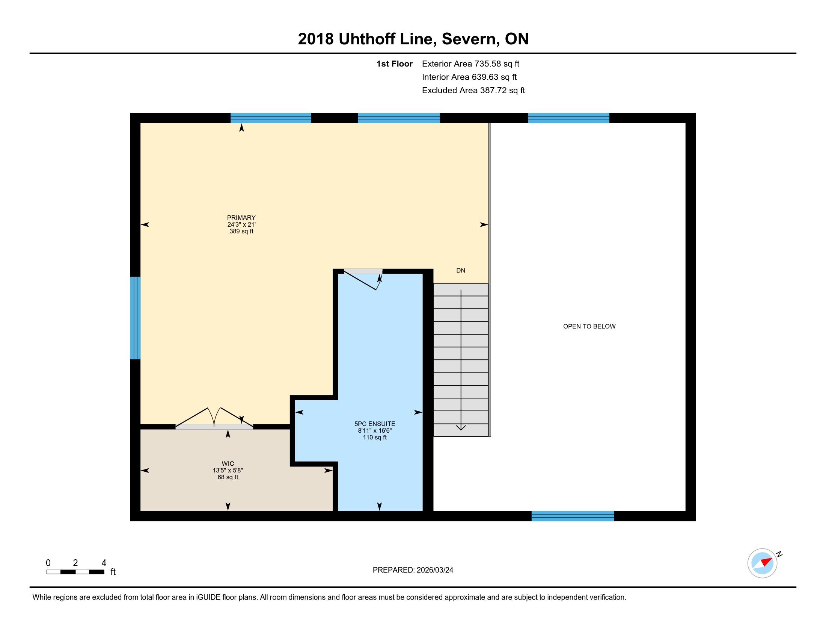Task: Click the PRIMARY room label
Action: (241, 218)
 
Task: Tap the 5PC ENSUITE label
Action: (375, 424)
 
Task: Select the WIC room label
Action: (228, 464)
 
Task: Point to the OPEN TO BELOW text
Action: (589, 326)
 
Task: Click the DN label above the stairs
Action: (461, 270)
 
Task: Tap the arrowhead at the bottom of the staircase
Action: (461, 428)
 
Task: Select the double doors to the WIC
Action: (214, 418)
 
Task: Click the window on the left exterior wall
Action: (136, 318)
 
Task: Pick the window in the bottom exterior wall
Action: (573, 516)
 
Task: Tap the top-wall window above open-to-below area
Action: (568, 118)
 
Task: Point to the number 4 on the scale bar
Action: (104, 563)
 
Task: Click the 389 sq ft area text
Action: (241, 231)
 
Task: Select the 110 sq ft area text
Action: (375, 438)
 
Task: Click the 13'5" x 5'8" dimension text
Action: (228, 471)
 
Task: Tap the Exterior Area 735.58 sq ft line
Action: (470, 64)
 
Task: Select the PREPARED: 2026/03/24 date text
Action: (413, 570)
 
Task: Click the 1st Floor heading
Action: (395, 64)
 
